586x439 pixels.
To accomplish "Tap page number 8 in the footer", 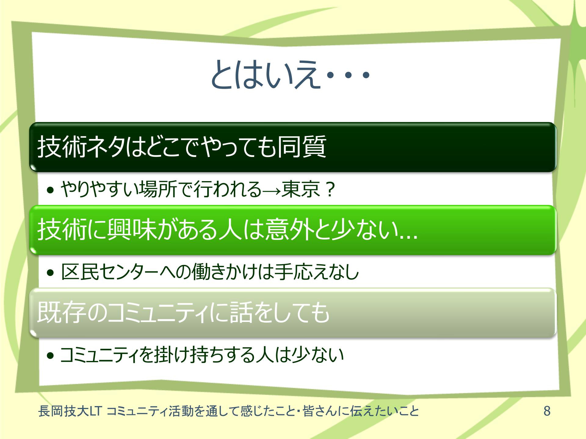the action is pos(547,411).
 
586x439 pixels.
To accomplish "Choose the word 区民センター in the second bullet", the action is pos(110,272).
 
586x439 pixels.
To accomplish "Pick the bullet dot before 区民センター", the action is pos(50,273).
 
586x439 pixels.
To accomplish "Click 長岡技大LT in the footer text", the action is pos(70,411).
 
